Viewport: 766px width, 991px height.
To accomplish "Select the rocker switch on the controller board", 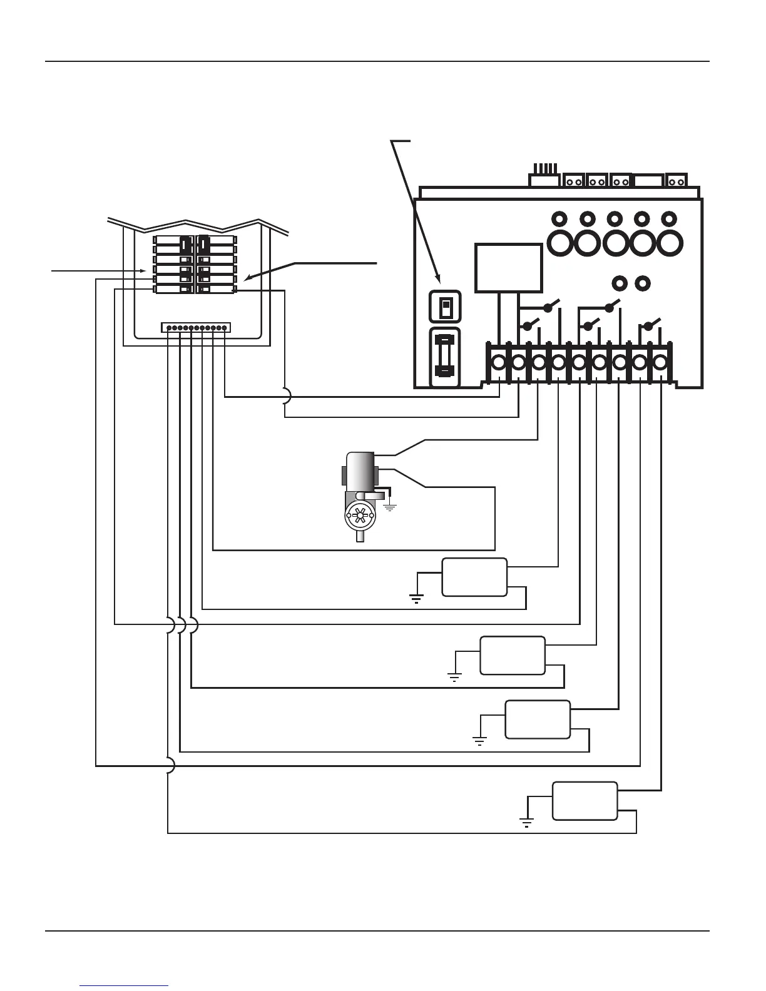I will coord(445,307).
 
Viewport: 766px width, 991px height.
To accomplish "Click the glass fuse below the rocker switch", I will coord(445,356).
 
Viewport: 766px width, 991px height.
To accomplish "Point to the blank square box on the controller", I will coord(508,268).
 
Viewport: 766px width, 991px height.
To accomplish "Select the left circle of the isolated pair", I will coord(620,283).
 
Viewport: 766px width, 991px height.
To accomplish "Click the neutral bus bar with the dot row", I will coord(196,327).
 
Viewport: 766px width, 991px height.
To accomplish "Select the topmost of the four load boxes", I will coord(474,577).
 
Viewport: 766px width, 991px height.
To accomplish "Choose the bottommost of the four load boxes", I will coord(585,801).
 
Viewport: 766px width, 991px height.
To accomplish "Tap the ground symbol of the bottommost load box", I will coord(527,821).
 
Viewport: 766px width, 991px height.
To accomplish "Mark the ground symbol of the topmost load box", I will coord(416,599).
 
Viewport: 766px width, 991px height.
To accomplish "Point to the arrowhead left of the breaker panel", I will coord(142,271).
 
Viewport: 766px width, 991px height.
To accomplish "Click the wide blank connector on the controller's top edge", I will coord(649,181).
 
